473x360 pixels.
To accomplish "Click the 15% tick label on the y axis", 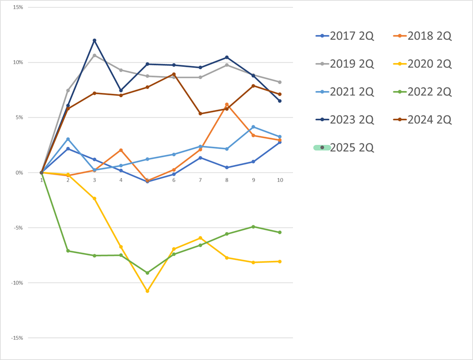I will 18,7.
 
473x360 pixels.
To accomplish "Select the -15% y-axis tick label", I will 17,338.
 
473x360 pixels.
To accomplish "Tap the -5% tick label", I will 18,228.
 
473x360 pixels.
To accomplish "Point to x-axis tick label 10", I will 280,180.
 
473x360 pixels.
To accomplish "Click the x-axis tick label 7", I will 200,180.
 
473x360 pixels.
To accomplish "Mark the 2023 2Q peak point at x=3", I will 94,40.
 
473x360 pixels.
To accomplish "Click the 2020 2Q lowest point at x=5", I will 147,291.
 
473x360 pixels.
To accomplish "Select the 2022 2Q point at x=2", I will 68,251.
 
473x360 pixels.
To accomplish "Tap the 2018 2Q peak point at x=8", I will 227,104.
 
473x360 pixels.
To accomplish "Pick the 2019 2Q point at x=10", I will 280,82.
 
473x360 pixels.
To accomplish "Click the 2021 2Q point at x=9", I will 253,127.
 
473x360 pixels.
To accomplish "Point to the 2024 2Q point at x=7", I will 200,114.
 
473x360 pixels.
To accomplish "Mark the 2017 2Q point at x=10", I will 280,142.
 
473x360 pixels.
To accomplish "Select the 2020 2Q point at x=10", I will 280,261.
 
